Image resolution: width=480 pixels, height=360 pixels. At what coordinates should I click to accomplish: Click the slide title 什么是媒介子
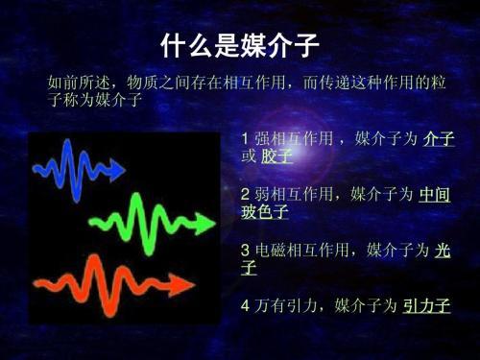pyautogui.click(x=239, y=44)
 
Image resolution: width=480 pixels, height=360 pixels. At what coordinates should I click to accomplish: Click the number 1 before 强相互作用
pyautogui.click(x=246, y=140)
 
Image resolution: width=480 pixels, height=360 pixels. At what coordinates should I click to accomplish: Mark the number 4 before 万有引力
pyautogui.click(x=246, y=306)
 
